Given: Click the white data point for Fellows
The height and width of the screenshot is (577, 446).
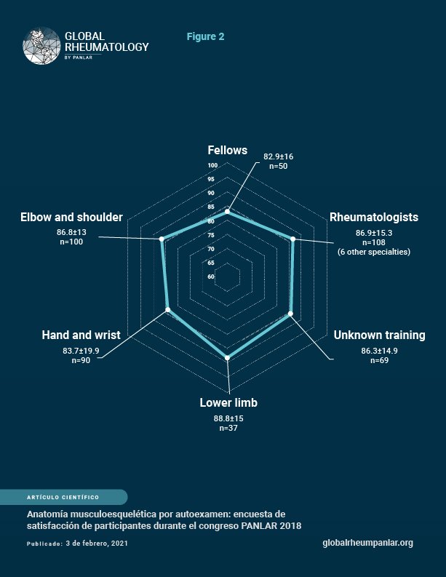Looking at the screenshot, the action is tap(228, 211).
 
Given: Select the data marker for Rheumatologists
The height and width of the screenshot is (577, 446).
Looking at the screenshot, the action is tap(293, 239).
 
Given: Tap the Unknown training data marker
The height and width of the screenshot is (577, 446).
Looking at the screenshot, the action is tap(290, 314).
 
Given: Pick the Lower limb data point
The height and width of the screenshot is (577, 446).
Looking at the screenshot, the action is tap(228, 358).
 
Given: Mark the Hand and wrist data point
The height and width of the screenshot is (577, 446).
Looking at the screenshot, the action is tap(168, 310).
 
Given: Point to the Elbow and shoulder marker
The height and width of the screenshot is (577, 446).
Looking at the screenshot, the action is tap(162, 239).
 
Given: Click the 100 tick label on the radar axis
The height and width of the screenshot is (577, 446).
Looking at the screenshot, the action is tap(212, 165).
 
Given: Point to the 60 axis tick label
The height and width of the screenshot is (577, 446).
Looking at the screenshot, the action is tap(211, 276).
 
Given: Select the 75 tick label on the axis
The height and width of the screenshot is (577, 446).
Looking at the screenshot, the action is tap(211, 235).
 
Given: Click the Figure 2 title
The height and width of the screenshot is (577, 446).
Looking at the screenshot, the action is tap(205, 36).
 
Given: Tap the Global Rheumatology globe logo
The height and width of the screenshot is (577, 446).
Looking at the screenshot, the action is tap(41, 46).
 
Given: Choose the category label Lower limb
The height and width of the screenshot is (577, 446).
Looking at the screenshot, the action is tap(228, 402).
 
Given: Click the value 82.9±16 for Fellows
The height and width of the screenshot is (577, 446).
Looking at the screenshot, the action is tap(278, 156).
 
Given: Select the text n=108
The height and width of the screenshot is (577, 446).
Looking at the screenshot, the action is tap(374, 242).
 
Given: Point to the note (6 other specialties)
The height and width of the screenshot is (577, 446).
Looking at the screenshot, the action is tap(374, 252).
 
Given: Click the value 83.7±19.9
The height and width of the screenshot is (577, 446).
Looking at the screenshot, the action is tap(81, 351).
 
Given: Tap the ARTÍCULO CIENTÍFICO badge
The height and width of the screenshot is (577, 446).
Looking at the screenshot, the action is tap(63, 497).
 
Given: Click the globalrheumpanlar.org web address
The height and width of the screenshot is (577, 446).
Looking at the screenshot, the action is tap(367, 543).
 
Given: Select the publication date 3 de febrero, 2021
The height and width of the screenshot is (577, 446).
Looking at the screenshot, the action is tap(97, 543).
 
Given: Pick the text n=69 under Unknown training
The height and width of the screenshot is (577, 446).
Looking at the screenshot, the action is tap(379, 360).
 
